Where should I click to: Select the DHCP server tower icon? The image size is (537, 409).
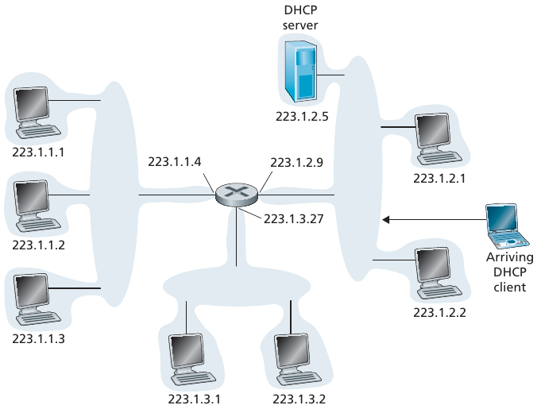pyautogui.click(x=301, y=74)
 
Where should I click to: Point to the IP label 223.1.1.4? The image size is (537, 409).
pyautogui.click(x=175, y=162)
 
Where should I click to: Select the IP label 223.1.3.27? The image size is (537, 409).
pyautogui.click(x=293, y=217)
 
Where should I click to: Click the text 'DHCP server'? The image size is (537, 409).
pyautogui.click(x=300, y=19)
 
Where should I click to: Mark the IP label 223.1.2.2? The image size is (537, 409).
pyautogui.click(x=440, y=312)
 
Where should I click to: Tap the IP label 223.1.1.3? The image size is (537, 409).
pyautogui.click(x=38, y=338)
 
